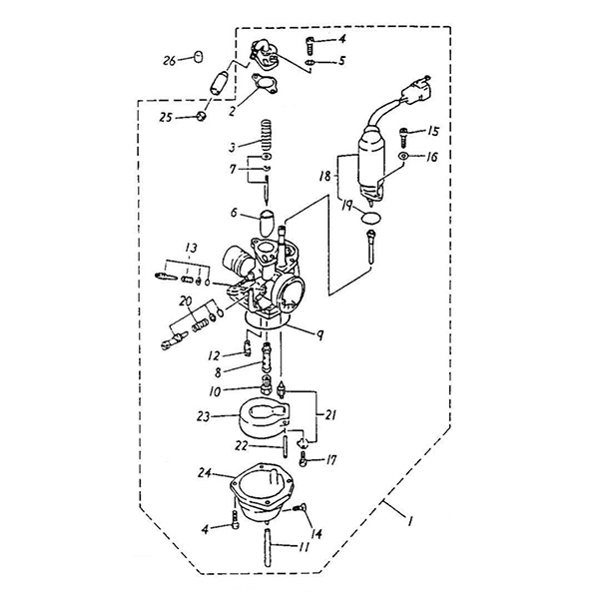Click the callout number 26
click(x=170, y=60)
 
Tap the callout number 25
click(x=166, y=118)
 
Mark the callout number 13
click(x=191, y=246)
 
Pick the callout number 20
click(x=185, y=300)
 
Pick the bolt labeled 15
click(x=404, y=133)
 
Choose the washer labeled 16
click(x=403, y=158)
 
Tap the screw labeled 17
click(x=302, y=460)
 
